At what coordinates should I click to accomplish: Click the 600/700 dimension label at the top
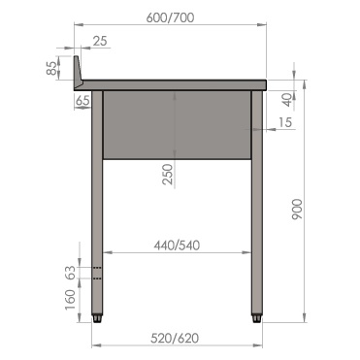(170, 17)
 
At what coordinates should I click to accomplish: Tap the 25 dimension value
(100, 41)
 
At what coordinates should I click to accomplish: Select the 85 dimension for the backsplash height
(51, 68)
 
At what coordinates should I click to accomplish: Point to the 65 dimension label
(82, 101)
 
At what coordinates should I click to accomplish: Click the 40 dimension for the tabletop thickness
(287, 100)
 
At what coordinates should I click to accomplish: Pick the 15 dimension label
(285, 122)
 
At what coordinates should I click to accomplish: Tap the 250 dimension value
(168, 174)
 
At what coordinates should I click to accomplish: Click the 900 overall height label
(297, 210)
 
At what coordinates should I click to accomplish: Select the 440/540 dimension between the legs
(177, 245)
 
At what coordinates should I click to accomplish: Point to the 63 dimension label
(70, 273)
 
